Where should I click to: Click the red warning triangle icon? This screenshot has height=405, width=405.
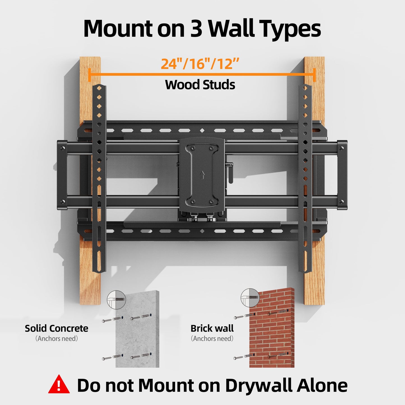point(59,385)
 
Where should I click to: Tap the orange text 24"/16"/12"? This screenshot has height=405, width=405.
point(200,64)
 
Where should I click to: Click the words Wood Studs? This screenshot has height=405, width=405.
point(200,85)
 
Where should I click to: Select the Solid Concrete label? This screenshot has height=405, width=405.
point(56,328)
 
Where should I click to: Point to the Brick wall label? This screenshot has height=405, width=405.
point(212,328)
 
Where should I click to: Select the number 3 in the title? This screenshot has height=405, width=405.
point(196,29)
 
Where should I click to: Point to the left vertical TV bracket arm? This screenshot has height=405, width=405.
point(99,179)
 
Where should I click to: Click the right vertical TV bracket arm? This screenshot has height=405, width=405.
point(305,179)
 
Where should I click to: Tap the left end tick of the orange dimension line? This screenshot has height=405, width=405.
point(89,75)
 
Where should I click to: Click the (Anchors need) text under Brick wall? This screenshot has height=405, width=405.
point(212,339)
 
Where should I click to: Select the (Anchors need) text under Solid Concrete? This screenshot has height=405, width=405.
point(56,339)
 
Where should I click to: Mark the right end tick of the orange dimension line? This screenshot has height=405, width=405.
point(314,75)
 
